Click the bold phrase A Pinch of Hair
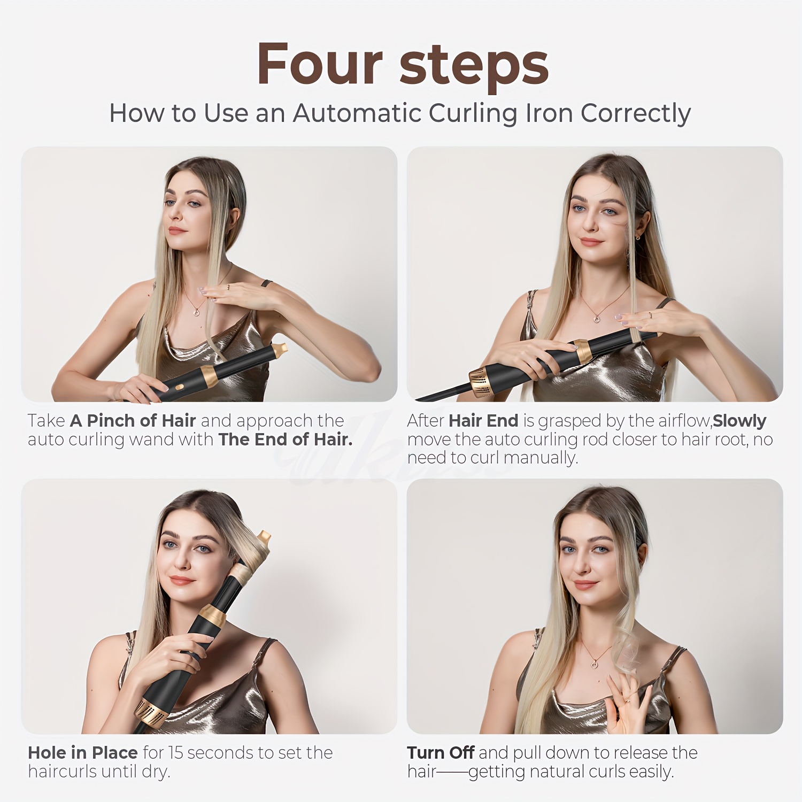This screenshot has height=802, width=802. pos(133,421)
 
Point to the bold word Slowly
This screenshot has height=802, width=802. pos(739,421)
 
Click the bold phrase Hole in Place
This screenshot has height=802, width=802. pos(83,753)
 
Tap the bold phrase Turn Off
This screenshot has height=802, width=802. pos(441,753)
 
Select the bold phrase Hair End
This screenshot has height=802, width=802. pos(483,421)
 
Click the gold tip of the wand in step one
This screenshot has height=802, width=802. pos(280,350)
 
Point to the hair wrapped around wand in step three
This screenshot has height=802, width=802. pos(247,567)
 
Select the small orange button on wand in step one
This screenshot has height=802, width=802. pos(180,385)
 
